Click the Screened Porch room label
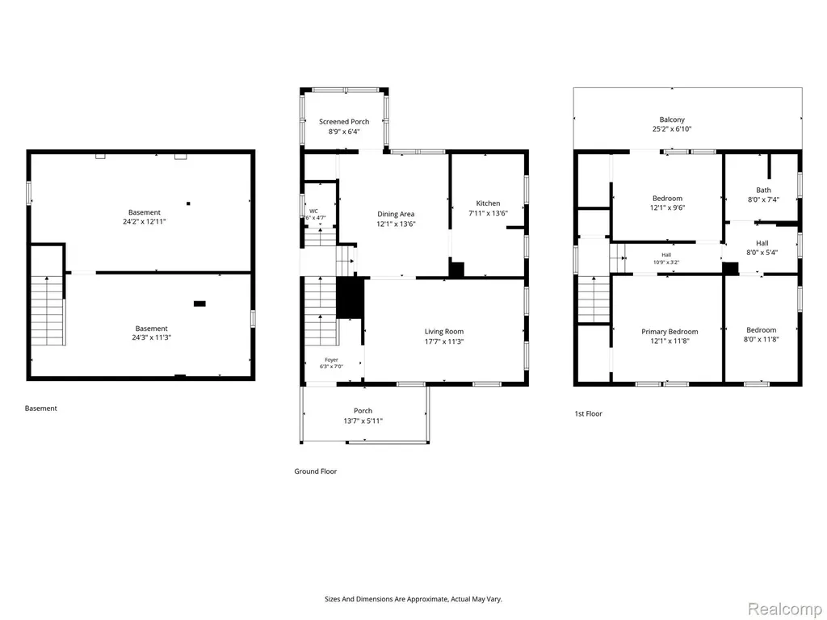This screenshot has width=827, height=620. coord(344,122)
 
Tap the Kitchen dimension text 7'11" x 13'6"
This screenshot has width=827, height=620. coord(488,213)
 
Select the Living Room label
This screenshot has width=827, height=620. coord(444,332)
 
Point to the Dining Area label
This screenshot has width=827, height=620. coord(396,214)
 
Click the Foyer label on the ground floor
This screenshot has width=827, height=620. coord(331,360)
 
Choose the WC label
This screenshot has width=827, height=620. coord(314,211)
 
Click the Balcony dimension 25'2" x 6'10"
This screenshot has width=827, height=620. coord(672,129)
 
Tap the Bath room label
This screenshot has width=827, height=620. coord(763,191)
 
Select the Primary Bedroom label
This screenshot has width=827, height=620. coord(670,332)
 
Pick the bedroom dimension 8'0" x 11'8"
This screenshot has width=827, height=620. coord(761,340)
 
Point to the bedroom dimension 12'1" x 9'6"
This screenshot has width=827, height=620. coord(667,207)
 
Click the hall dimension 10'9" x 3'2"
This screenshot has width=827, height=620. coord(666,262)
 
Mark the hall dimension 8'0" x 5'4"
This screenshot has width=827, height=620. coord(762,253)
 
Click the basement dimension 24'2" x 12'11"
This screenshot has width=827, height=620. coord(145,222)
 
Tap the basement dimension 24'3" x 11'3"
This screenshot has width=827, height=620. coord(151,338)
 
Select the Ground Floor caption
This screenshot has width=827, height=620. coord(316,471)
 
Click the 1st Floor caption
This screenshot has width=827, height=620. coord(588,414)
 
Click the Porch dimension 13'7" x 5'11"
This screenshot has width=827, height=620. coord(363,421)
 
